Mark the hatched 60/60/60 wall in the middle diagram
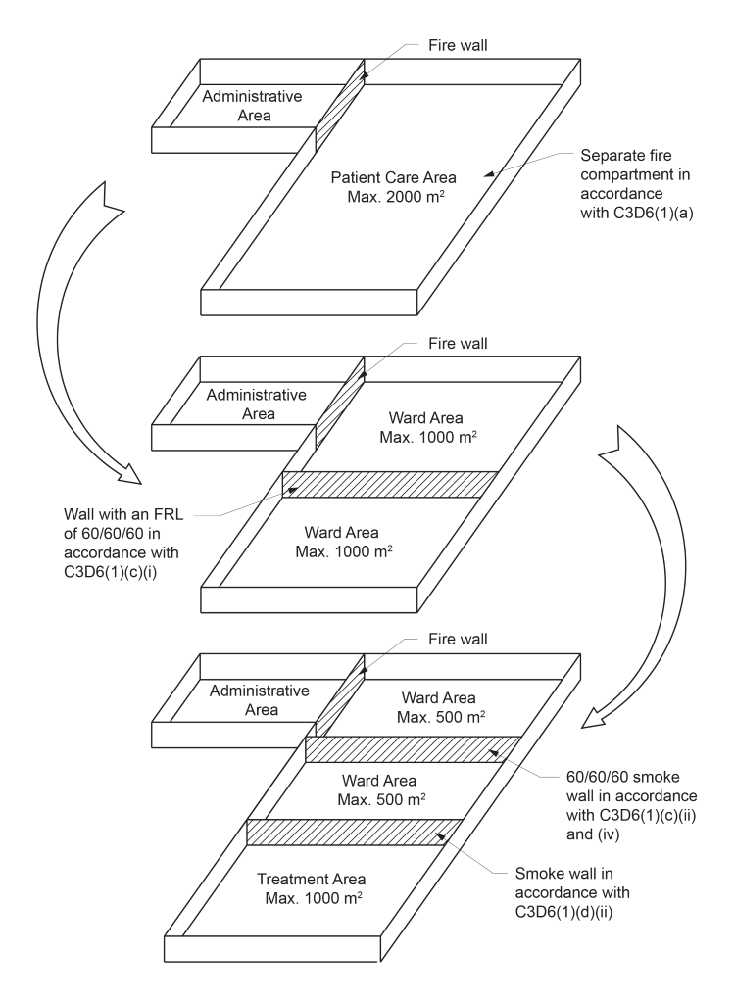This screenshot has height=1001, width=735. [x=388, y=485]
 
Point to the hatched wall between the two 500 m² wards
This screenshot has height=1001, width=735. [x=412, y=748]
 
